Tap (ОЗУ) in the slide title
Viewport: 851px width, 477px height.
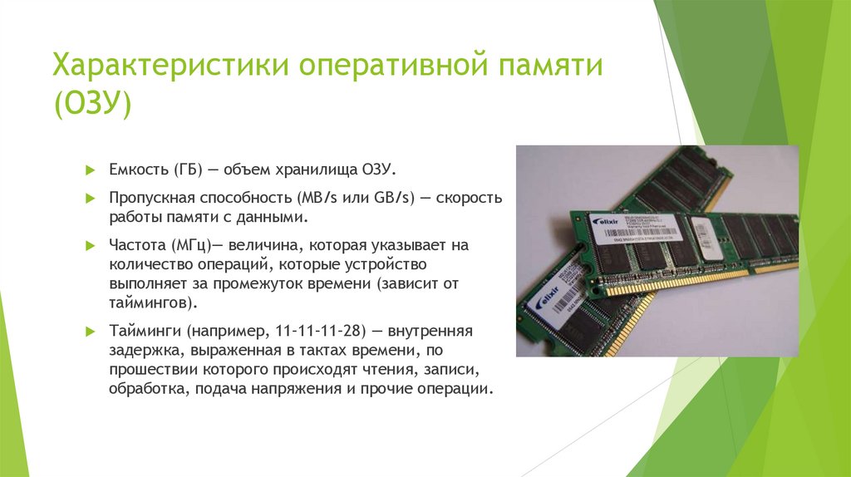click(x=92, y=106)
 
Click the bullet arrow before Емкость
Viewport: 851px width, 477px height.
click(x=91, y=170)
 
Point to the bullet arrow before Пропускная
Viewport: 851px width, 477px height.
click(x=91, y=200)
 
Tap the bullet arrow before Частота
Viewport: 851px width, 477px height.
click(x=91, y=247)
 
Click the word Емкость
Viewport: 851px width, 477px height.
click(x=138, y=170)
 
